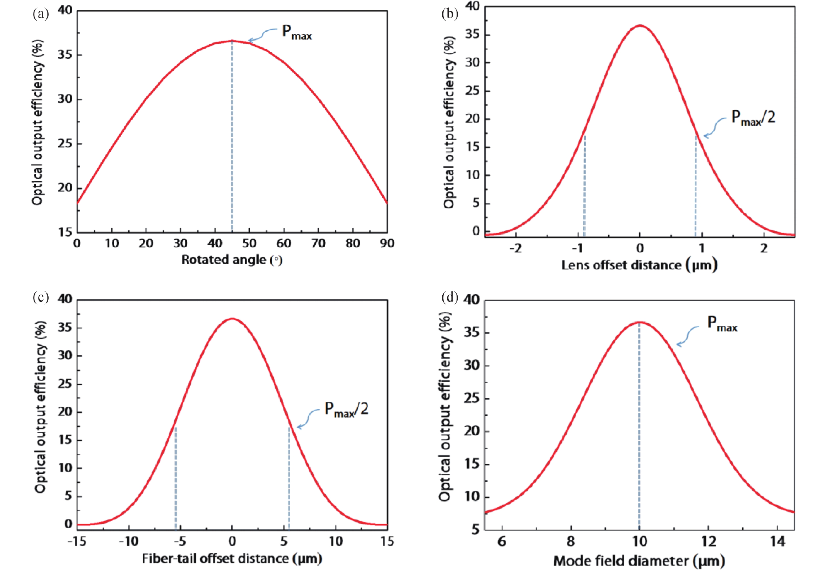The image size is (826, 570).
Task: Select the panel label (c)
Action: coord(40,297)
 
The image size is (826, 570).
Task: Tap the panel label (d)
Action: coord(449,297)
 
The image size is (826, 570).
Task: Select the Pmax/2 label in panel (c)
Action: coord(346,409)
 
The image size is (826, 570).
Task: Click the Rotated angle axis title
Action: coord(232,260)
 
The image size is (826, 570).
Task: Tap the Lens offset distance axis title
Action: coord(639,265)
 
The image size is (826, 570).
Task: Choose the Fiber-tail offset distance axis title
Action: coord(232,558)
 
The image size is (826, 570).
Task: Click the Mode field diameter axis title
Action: coord(639,561)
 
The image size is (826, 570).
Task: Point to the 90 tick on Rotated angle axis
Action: coord(387,244)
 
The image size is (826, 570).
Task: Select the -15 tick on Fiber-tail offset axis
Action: coord(77,541)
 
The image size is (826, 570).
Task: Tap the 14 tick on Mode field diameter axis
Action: coord(778,542)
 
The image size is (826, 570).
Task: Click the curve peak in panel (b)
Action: coord(640,26)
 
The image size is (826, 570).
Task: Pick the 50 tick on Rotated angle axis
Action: coord(249,244)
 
